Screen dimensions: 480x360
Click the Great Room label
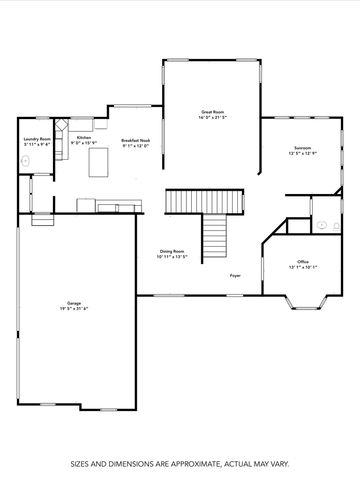click(213, 111)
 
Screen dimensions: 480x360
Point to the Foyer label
click(235, 275)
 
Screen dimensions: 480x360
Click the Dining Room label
click(172, 251)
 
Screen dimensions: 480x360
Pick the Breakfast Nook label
click(135, 140)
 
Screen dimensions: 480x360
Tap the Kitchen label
click(84, 123)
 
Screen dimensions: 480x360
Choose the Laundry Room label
click(37, 139)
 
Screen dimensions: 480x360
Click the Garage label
click(73, 302)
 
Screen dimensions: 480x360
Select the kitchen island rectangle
click(100, 163)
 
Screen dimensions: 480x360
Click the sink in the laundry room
click(26, 160)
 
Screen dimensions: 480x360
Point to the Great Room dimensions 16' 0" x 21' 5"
click(213, 117)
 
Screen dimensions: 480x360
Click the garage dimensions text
click(73, 308)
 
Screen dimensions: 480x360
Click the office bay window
click(301, 299)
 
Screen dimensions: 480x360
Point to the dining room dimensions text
click(172, 257)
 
